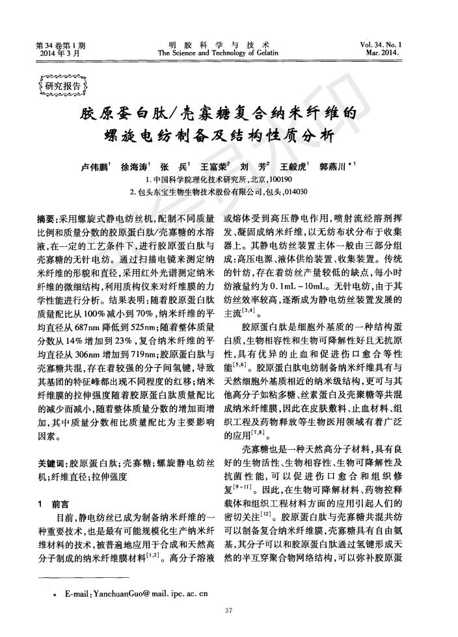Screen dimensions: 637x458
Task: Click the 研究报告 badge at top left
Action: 63,86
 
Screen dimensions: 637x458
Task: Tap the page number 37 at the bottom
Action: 228,609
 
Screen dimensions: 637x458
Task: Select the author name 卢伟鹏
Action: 96,166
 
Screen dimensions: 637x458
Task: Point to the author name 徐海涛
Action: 135,166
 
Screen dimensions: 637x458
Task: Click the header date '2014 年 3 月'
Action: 59,53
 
